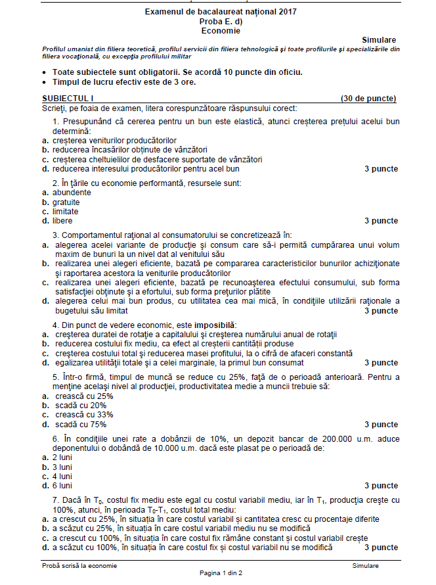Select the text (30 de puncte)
[368, 99]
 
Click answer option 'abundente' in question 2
[72, 193]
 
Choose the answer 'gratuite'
[66, 202]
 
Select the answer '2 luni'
[62, 457]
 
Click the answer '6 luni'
[62, 486]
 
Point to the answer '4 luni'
[62, 476]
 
